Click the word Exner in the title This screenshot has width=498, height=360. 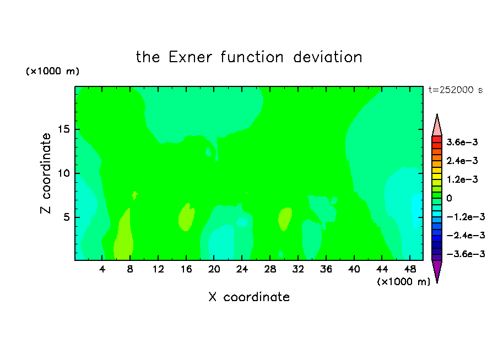190,57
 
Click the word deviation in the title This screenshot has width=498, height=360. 327,57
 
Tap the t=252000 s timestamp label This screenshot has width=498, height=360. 456,90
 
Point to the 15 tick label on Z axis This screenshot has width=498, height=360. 63,129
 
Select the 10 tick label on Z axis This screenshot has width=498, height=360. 63,173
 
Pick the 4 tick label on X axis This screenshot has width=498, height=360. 102,269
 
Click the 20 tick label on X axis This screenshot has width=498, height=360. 214,269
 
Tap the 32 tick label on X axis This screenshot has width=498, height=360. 298,269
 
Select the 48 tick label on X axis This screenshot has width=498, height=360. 410,269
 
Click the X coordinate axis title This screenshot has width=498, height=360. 249,297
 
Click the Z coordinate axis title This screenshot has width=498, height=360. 45,173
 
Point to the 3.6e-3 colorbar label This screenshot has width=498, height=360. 462,142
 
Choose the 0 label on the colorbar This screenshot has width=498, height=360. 449,198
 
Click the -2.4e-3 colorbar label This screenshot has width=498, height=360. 465,236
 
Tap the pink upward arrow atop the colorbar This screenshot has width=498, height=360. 437,126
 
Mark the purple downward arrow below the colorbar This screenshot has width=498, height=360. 437,271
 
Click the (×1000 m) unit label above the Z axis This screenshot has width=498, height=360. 52,71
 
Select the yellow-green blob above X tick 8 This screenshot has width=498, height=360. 123,235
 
